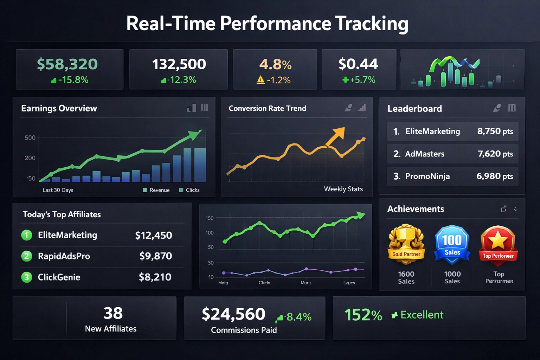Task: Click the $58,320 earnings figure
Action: click(67, 64)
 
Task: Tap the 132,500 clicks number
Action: click(179, 64)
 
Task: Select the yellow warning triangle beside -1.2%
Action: click(261, 80)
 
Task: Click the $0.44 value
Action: click(358, 64)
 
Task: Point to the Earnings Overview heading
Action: click(59, 108)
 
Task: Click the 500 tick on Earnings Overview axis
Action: click(30, 138)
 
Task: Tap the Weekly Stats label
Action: click(343, 189)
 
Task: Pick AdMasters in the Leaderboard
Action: click(425, 154)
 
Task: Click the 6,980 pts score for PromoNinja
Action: click(494, 176)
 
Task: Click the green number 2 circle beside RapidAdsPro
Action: click(27, 256)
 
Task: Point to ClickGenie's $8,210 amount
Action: click(155, 277)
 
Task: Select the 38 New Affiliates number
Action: click(113, 313)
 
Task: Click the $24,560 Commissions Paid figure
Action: click(233, 314)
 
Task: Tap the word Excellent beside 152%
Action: click(422, 315)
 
